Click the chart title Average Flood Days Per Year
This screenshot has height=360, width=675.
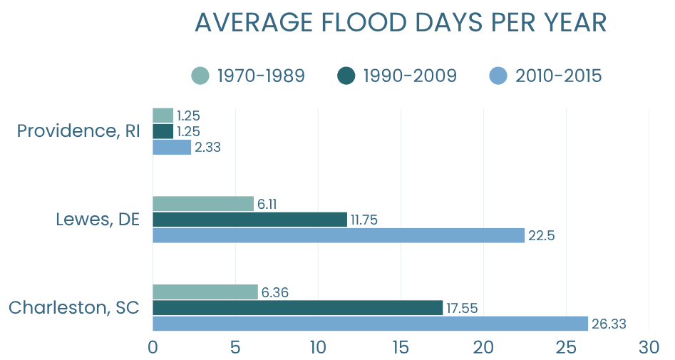pyautogui.click(x=400, y=22)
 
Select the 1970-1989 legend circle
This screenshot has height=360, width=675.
pyautogui.click(x=200, y=75)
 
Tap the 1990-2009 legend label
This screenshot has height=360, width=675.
pyautogui.click(x=409, y=76)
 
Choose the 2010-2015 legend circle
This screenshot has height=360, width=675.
pyautogui.click(x=498, y=75)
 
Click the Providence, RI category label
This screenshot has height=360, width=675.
pyautogui.click(x=78, y=131)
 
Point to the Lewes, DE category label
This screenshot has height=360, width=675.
pyautogui.click(x=97, y=220)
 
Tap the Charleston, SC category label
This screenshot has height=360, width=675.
pyautogui.click(x=73, y=308)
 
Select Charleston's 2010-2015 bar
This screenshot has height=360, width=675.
pyautogui.click(x=371, y=324)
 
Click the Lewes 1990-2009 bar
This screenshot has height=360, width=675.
pyautogui.click(x=249, y=220)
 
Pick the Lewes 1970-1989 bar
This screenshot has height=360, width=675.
pyautogui.click(x=203, y=204)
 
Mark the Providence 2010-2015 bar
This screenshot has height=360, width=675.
pyautogui.click(x=172, y=148)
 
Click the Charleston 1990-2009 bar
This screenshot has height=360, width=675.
pyautogui.click(x=297, y=308)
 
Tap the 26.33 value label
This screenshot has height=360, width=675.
pyautogui.click(x=609, y=324)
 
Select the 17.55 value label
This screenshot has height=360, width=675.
pyautogui.click(x=462, y=309)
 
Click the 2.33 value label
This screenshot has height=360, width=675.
pyautogui.click(x=207, y=148)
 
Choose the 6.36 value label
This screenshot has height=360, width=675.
pyautogui.click(x=274, y=292)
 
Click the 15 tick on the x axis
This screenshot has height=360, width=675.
pyautogui.click(x=400, y=347)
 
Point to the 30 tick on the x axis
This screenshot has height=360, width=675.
pyautogui.click(x=649, y=347)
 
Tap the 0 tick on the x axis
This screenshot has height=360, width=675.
pyautogui.click(x=153, y=347)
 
